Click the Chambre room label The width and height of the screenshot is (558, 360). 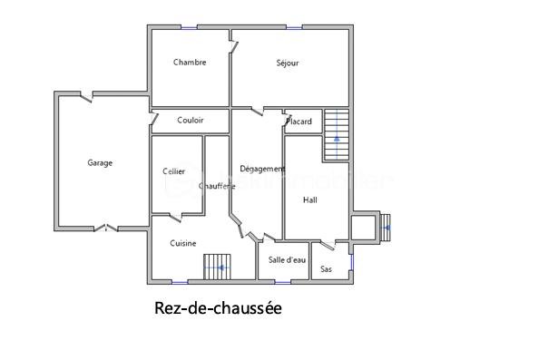pos(190,63)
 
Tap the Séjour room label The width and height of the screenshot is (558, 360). pos(288,63)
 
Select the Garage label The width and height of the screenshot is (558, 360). pos(100,163)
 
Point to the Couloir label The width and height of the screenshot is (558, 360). pos(191,120)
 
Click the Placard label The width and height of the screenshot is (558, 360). pos(299,122)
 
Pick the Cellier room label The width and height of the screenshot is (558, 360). pos(174,171)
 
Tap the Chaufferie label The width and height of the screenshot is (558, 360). pos(217,186)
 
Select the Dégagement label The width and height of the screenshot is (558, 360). pos(262,169)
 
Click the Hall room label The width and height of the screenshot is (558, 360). pos(310,200)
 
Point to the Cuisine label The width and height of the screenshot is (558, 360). pos(183,243)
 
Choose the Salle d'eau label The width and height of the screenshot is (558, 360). pos(287,260)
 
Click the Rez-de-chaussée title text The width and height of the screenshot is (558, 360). pos(219,308)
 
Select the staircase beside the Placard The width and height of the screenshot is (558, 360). pos(336,134)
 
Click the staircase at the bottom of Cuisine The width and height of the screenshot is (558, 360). pos(218,268)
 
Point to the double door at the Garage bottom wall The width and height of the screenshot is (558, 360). pos(107,227)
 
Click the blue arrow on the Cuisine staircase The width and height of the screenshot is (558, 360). pos(220,269)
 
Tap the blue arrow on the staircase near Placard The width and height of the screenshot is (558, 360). pos(337,139)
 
